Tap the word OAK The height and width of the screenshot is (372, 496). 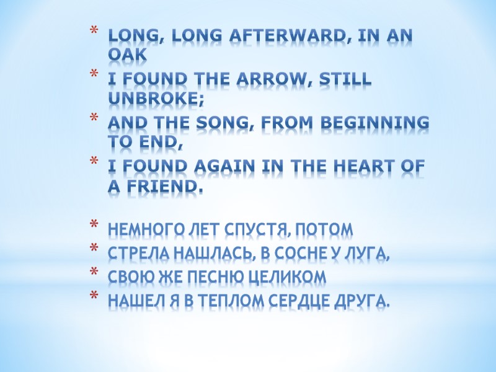point(127,55)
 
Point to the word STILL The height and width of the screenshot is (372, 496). point(346,80)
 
